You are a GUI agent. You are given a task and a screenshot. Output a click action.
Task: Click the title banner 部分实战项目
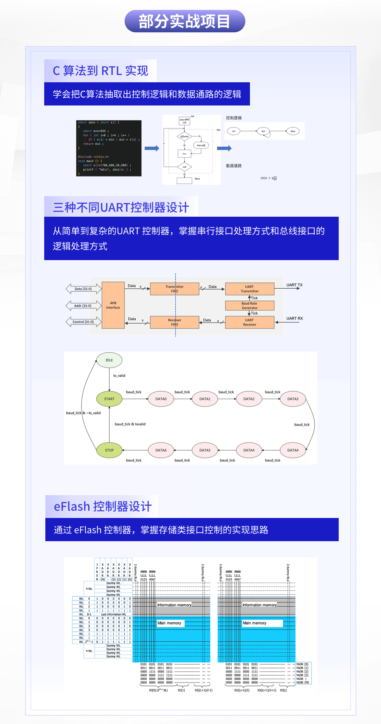tap(185, 21)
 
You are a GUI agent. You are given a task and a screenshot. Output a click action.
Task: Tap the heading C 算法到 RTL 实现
tap(100, 71)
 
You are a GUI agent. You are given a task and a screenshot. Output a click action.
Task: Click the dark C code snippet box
tap(109, 148)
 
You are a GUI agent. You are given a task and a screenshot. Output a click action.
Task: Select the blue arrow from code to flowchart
tap(152, 148)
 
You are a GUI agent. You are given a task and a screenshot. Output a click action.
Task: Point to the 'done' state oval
tap(293, 131)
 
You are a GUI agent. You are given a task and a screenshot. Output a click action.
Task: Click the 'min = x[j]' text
tap(269, 178)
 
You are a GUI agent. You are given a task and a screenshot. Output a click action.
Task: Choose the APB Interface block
tap(113, 305)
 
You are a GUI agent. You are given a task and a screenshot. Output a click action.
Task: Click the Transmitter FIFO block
tap(175, 289)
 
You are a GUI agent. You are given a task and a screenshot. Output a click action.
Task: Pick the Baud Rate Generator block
tap(250, 305)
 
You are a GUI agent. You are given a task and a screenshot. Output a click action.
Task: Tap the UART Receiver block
tap(250, 322)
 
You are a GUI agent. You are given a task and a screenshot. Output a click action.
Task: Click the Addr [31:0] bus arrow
tap(83, 305)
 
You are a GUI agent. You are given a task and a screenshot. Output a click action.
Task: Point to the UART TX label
tap(295, 285)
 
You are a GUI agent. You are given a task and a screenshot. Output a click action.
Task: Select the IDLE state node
tap(109, 360)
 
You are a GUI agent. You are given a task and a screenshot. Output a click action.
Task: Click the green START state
tap(109, 399)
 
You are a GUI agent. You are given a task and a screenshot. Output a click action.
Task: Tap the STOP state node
tap(109, 450)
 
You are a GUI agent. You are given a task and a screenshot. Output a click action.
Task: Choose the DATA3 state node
tap(293, 399)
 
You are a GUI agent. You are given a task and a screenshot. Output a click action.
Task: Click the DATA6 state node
tap(161, 450)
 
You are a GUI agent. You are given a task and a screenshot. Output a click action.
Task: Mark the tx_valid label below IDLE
tap(119, 376)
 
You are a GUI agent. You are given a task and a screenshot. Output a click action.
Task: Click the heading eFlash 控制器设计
tap(102, 507)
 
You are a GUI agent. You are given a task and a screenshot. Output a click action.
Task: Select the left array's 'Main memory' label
tap(170, 623)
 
